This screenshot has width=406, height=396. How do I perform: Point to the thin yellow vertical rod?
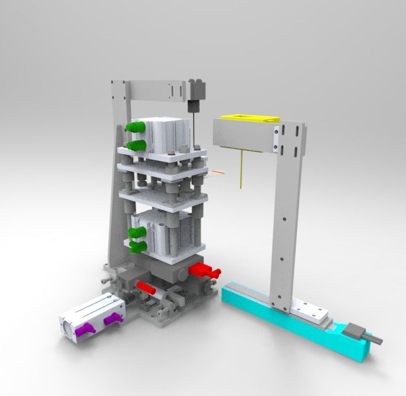pos(242,169)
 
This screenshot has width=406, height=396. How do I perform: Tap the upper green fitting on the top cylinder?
pos(134,126)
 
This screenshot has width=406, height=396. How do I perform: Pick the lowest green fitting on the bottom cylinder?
pos(138,246)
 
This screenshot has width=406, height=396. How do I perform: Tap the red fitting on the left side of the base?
pos(147,287)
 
